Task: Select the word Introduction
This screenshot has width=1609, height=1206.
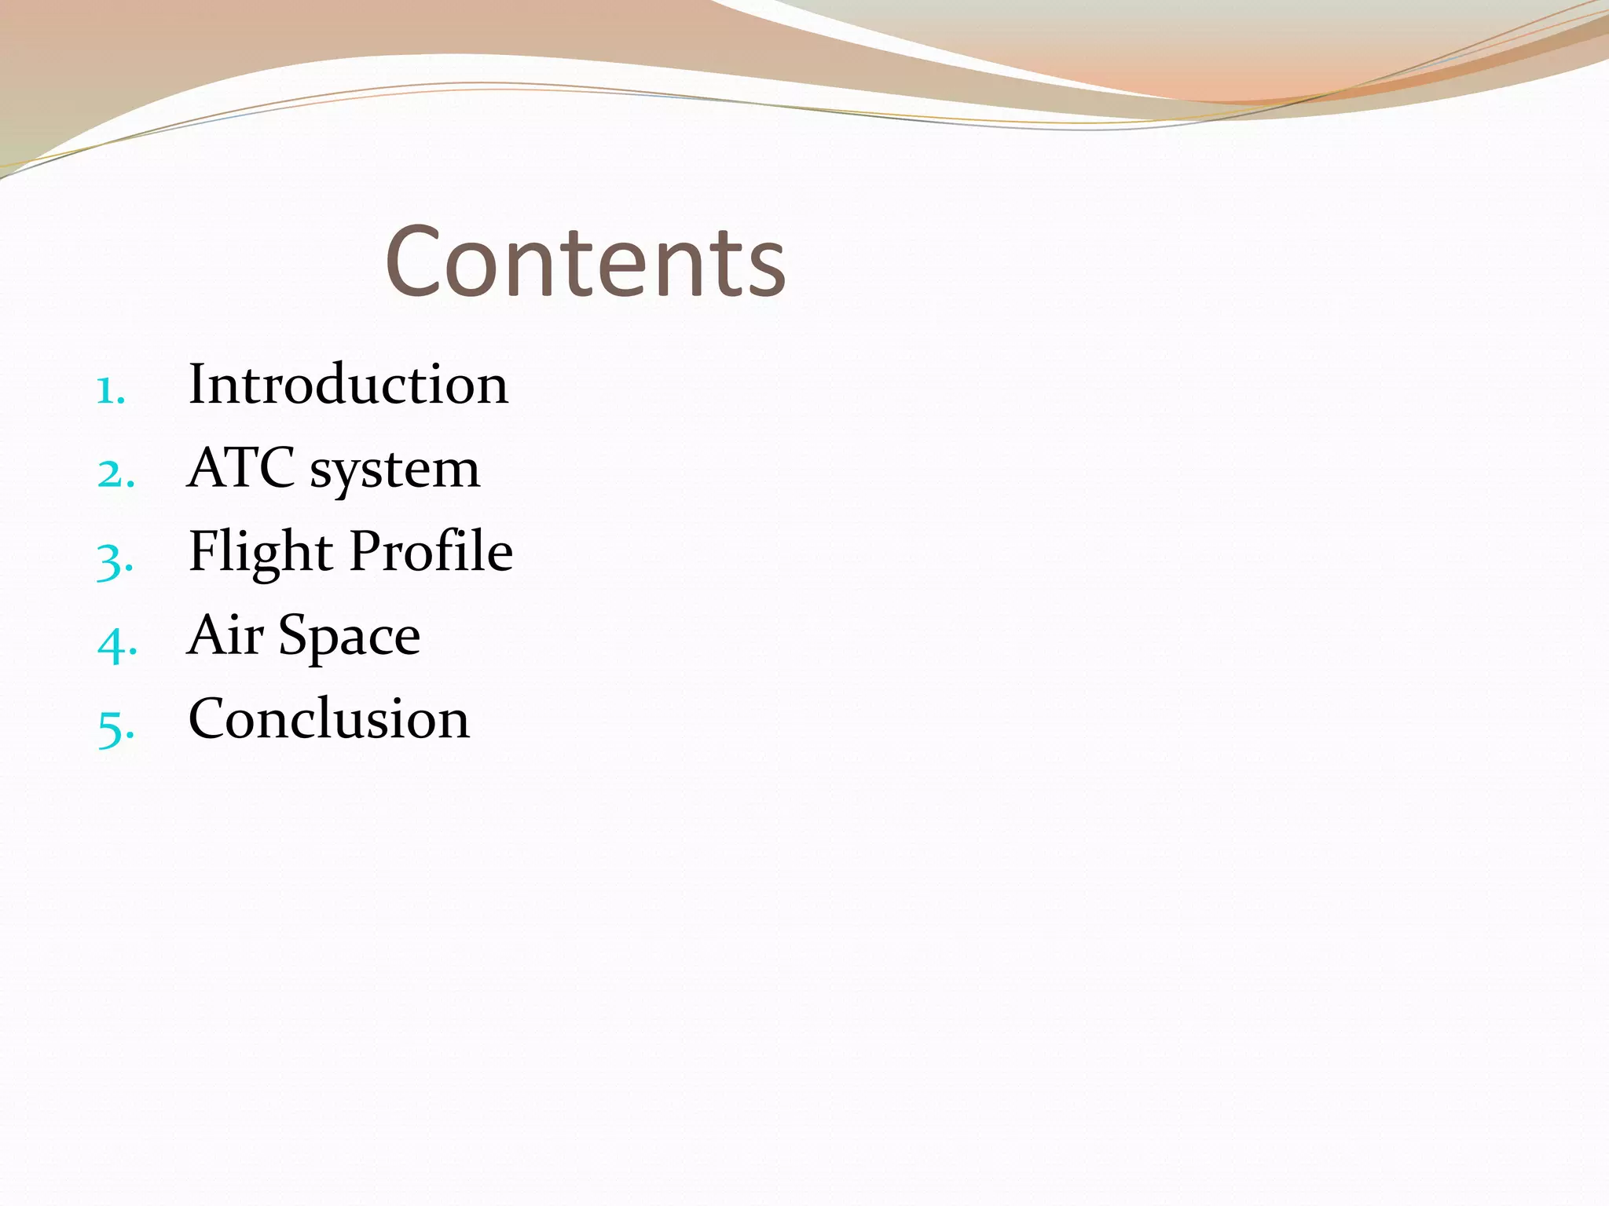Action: tap(348, 384)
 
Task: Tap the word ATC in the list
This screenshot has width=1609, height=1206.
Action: tap(241, 468)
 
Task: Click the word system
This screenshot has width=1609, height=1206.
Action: tap(394, 471)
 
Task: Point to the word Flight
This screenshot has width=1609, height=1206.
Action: tap(261, 552)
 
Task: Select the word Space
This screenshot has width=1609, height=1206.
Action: tap(350, 638)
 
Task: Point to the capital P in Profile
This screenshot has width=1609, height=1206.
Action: tap(366, 550)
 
